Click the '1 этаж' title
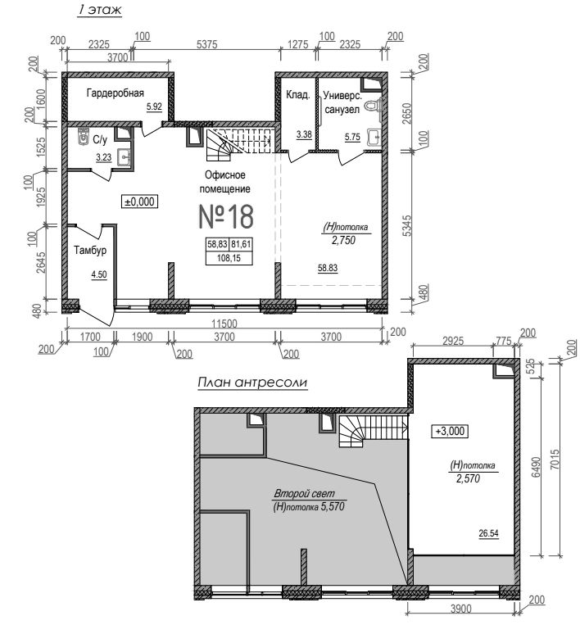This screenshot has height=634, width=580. (x=99, y=10)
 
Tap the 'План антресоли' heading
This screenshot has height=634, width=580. (x=252, y=383)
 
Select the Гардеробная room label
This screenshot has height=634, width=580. (x=116, y=93)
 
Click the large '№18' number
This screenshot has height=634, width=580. (x=226, y=216)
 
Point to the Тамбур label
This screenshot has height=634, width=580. (x=90, y=250)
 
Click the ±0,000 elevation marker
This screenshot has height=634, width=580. (x=139, y=202)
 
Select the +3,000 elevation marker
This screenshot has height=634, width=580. (x=450, y=431)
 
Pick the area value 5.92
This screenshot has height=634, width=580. (x=154, y=106)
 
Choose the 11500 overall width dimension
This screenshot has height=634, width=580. (x=224, y=324)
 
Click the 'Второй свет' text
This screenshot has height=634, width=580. (x=304, y=493)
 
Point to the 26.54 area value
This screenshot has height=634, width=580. (x=488, y=533)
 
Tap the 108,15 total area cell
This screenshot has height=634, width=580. (x=229, y=258)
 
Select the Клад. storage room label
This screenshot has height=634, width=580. (x=297, y=95)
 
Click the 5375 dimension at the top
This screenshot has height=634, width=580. (x=207, y=44)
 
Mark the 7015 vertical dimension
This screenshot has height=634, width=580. (x=555, y=459)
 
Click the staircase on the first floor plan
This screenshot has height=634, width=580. (x=238, y=144)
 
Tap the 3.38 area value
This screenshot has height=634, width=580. (x=304, y=134)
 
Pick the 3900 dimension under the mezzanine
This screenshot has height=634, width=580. (x=460, y=608)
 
